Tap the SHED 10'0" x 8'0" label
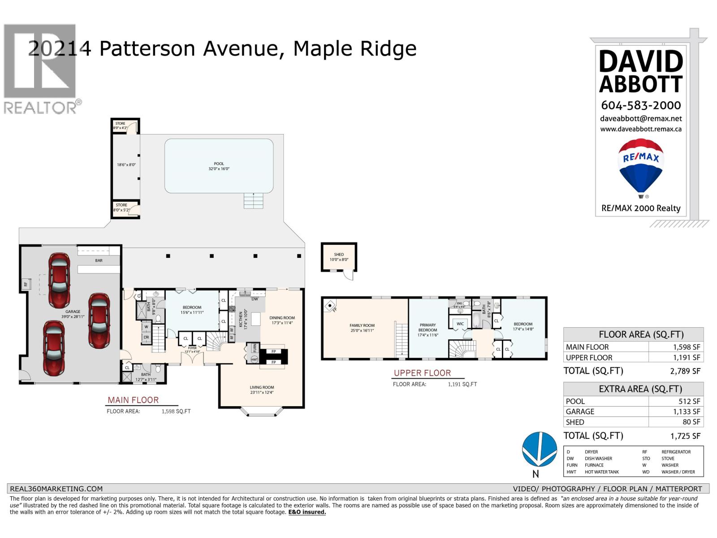[x=339, y=257]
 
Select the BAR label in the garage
[x=99, y=260]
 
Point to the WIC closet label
[x=460, y=324]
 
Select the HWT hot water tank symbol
[x=254, y=360]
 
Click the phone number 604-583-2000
[x=641, y=105]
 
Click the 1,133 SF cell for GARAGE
[x=676, y=412]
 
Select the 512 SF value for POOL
[x=676, y=401]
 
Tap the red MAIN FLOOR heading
[x=133, y=400]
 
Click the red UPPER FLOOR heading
[x=422, y=373]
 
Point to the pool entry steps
[x=254, y=200]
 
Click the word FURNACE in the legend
[x=594, y=465]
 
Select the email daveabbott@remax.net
[x=641, y=119]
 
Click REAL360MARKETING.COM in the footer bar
[x=56, y=489]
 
